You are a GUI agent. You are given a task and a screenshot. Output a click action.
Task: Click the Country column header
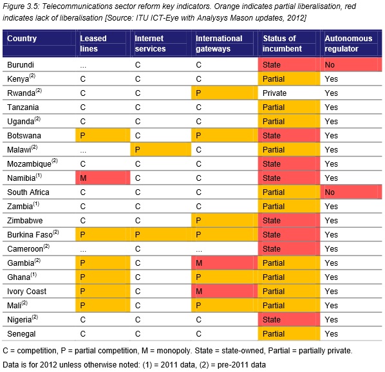22,38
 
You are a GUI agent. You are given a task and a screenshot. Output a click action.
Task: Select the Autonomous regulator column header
348,43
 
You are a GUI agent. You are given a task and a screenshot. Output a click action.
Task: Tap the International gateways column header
219,43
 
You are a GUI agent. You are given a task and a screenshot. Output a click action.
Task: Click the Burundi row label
21,65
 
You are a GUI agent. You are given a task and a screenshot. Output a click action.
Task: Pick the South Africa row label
28,192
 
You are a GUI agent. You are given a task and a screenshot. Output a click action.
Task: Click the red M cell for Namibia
102,178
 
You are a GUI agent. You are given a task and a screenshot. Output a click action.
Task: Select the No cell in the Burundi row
351,65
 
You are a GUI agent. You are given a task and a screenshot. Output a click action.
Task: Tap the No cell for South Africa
351,192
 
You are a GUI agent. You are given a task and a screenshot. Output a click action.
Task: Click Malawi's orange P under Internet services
160,149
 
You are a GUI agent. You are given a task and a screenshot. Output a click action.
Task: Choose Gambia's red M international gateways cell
225,263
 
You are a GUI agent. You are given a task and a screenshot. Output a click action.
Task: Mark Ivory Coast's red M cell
225,291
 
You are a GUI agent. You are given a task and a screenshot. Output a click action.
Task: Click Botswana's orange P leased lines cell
102,135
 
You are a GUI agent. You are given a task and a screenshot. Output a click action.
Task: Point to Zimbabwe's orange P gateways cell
225,220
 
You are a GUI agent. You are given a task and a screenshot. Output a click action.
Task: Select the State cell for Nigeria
289,319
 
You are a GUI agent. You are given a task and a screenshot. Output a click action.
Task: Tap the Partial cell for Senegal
289,334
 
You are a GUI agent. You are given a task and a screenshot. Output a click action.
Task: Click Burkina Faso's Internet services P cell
160,234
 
